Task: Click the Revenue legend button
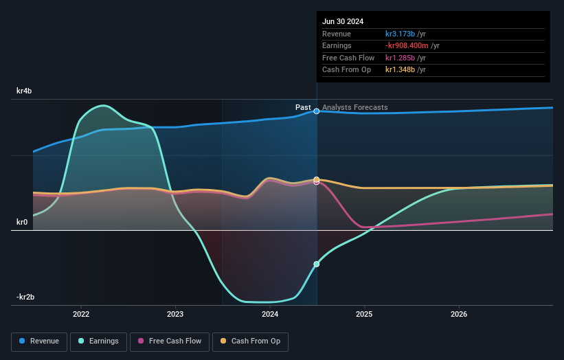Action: point(39,341)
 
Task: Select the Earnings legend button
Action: point(99,341)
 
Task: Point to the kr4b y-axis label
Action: point(24,91)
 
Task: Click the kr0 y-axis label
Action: point(22,222)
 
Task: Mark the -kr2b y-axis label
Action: point(25,297)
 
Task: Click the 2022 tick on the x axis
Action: point(81,314)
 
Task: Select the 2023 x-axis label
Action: point(175,314)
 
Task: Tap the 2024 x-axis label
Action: point(270,314)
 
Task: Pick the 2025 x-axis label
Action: point(364,314)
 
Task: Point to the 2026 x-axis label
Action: point(459,314)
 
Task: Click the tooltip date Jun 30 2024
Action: point(343,21)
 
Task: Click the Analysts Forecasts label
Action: point(354,108)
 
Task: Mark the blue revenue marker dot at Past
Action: point(317,111)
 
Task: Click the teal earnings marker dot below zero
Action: point(317,264)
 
